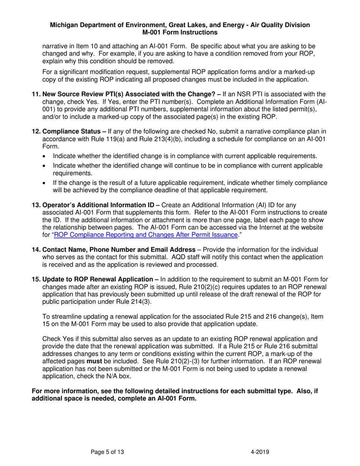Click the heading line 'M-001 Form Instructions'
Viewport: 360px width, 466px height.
coord(180,33)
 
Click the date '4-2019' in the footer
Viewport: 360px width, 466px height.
coord(260,452)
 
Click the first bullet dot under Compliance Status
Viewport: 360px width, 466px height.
coord(45,156)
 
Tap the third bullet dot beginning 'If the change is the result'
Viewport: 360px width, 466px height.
coord(45,183)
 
